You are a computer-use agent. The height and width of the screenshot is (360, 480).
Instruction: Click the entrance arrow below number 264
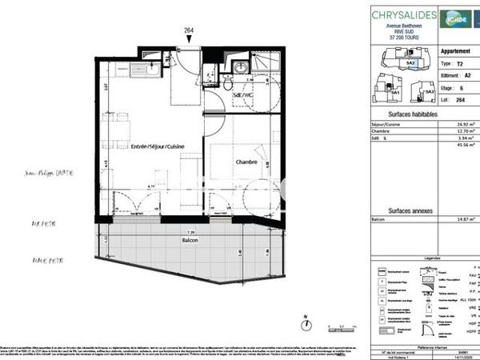[x=189, y=41]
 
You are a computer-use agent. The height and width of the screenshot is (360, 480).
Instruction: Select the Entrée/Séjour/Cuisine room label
[x=147, y=147]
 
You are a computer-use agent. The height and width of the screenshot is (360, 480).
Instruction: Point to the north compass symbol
[x=305, y=324]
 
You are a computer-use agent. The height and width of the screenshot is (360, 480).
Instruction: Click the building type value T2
[x=458, y=62]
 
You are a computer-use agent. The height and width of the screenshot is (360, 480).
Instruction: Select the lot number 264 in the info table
[x=458, y=102]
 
